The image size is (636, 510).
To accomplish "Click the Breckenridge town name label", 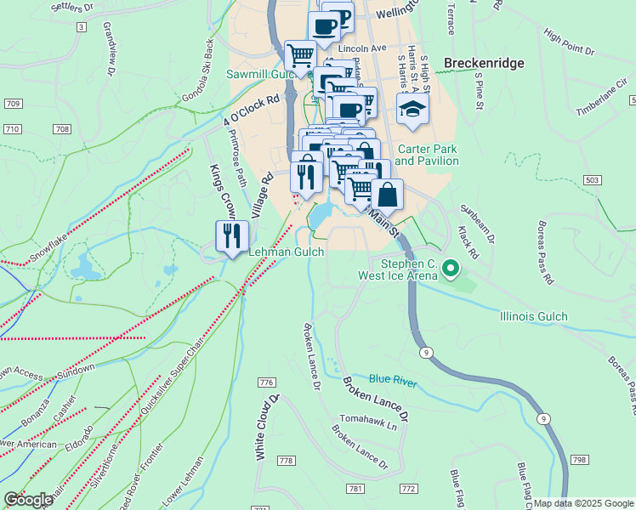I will pos(485,63).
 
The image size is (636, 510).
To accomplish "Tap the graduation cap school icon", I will pos(412,110).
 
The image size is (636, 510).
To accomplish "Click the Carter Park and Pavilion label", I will pos(426,155).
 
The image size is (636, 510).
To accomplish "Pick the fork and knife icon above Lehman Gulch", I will pos(231,237).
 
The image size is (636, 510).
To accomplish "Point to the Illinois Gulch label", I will pos(534,317).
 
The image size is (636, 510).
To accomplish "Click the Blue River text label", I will pos(393,382).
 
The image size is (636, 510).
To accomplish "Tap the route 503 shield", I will pos(593,180).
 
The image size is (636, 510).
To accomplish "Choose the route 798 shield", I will pos(579,460).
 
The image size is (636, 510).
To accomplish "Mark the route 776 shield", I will pos(267,381).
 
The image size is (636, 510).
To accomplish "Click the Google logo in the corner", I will pos(28,500).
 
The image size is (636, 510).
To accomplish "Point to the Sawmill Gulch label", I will pos(259,74).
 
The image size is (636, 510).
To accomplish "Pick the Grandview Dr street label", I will pos(109,49).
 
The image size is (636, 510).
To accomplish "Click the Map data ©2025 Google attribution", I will pos(583,503).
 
